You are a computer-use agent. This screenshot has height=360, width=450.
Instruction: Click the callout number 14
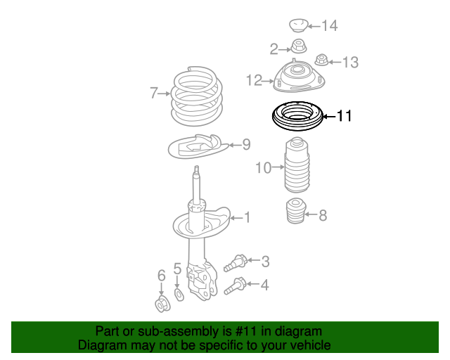coord(329,26)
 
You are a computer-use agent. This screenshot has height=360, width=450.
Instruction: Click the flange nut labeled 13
coord(323,61)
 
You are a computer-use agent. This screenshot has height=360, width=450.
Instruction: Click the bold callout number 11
coord(343,116)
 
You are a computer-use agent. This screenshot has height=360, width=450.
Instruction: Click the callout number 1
coord(246,217)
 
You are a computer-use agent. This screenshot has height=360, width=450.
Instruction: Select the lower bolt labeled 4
coord(236,286)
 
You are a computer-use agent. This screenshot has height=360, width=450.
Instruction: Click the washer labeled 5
coord(178,292)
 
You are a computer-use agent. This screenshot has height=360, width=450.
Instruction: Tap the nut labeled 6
coord(161,304)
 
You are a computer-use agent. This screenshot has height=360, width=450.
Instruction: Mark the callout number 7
coord(153,93)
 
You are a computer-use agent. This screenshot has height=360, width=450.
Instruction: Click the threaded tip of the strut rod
coord(198,172)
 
